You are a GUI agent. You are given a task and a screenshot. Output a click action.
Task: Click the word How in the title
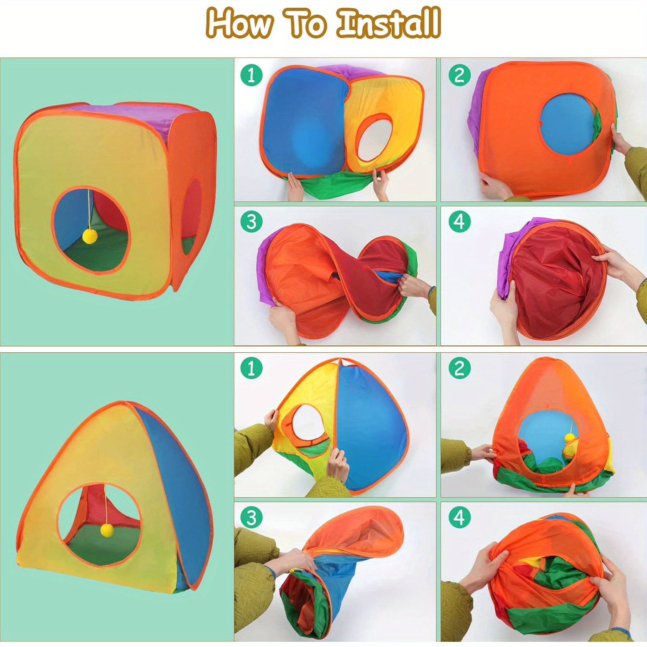239,23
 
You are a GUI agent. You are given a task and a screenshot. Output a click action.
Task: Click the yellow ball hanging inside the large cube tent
90,236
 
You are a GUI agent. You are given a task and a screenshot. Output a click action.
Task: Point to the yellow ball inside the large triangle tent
107,530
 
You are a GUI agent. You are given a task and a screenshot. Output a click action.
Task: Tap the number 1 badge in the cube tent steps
251,75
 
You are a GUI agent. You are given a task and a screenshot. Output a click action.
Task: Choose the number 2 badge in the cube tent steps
459,75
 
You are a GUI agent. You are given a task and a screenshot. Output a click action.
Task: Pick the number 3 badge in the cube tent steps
251,222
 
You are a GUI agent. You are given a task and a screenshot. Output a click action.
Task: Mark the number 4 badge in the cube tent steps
459,222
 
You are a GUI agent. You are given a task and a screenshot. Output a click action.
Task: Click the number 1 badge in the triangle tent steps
251,368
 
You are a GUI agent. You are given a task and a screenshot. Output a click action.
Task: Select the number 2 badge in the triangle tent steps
459,368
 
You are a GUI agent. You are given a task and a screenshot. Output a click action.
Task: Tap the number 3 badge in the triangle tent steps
251,517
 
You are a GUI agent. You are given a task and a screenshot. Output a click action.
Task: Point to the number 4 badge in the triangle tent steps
459,517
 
